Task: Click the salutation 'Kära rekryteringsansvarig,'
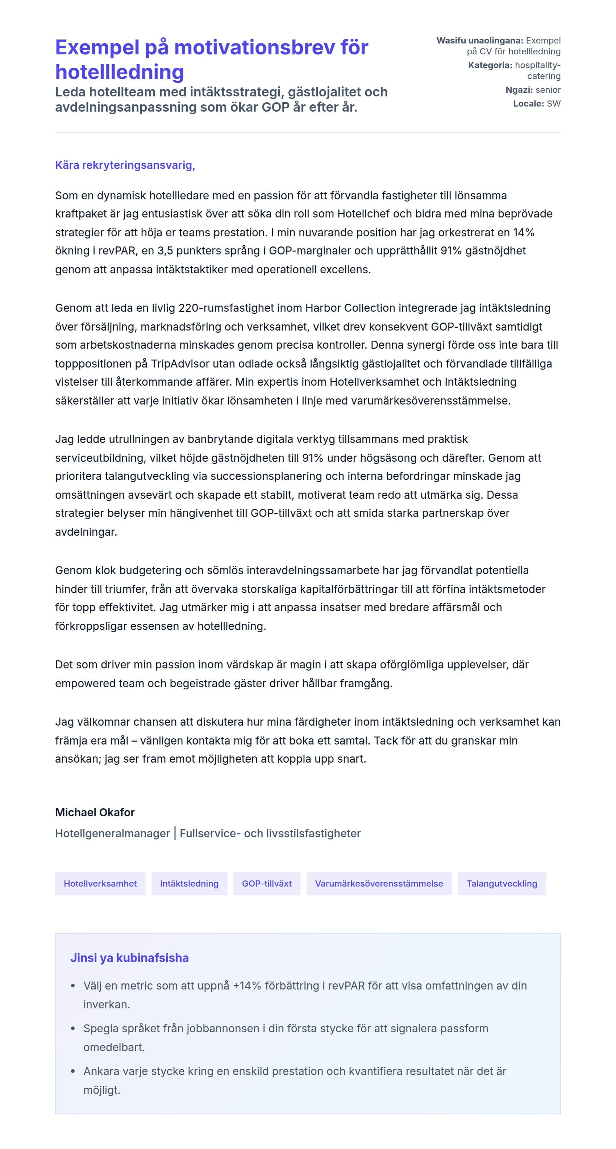[125, 165]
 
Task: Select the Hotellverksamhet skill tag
[100, 884]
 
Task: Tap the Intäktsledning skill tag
[189, 884]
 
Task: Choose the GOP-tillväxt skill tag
[267, 884]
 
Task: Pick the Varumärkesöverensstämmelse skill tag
[379, 884]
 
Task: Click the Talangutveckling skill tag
[501, 884]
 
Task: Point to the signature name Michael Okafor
[95, 812]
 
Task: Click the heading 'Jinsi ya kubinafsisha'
[129, 958]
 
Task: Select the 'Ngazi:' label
[519, 90]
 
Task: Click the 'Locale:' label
[528, 103]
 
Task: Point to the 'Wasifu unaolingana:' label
[479, 41]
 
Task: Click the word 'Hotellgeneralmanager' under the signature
[112, 833]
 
